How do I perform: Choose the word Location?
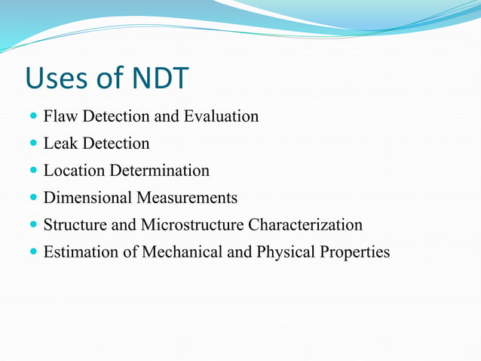point(75,171)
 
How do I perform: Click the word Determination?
point(160,171)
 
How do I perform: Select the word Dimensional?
point(87,198)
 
